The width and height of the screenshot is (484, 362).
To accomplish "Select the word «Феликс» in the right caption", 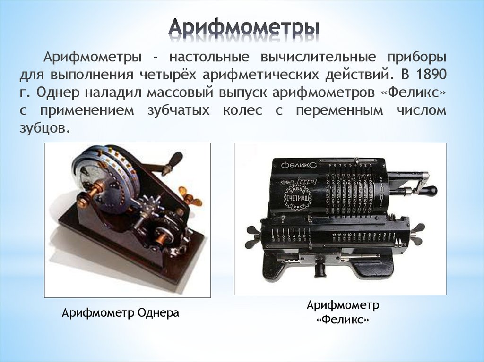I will pos(343,320).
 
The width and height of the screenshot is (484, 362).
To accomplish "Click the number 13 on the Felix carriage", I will pos(334,234).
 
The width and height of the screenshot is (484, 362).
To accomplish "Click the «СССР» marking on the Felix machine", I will pos(307,182).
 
